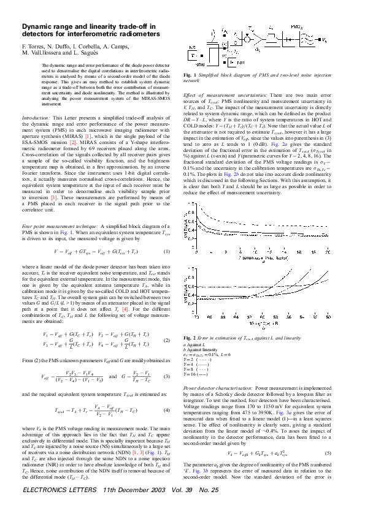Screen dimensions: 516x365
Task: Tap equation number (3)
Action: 166,376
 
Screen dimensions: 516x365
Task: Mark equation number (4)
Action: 166,410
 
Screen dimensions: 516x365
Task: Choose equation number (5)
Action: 328,436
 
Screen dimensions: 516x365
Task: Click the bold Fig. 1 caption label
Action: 190,75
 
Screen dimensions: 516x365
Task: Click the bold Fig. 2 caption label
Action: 190,338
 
